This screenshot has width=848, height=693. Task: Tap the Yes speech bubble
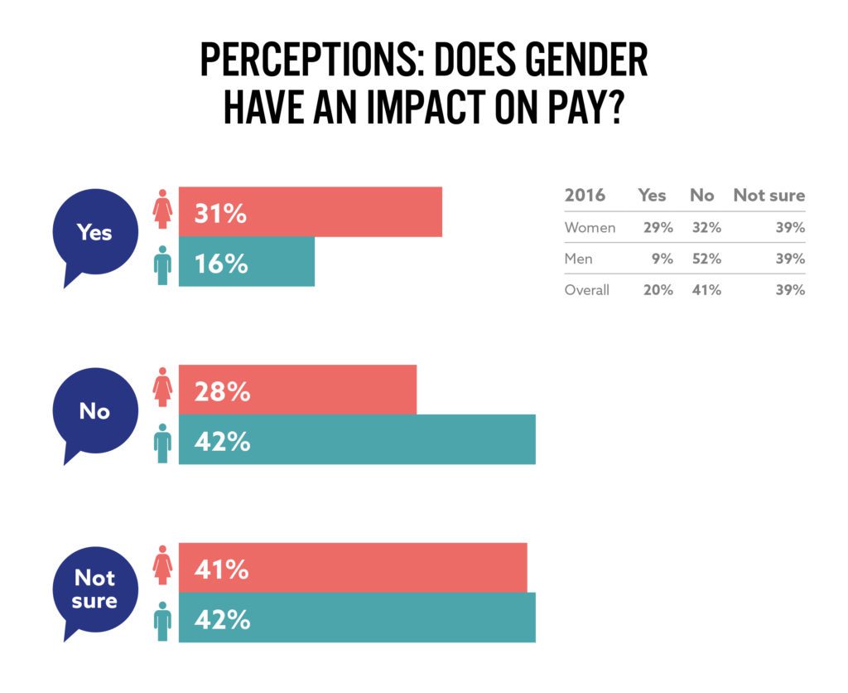94,233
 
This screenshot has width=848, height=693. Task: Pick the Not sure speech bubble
94,589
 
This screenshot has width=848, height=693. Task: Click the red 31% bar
311,211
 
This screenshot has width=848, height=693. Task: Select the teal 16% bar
247,261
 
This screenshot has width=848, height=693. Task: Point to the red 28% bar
297,390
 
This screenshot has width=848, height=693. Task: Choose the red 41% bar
353,568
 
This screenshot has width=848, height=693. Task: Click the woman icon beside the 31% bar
162,209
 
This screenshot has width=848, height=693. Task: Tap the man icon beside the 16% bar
162,265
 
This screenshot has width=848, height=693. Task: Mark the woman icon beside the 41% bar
162,565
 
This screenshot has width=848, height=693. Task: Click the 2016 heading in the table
585,196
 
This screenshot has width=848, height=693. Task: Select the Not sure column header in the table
769,196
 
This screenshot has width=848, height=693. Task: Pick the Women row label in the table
590,227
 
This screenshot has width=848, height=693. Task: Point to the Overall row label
587,290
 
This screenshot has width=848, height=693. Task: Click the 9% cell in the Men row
662,259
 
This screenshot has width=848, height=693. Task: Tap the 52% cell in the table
707,259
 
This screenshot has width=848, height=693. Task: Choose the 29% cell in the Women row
658,227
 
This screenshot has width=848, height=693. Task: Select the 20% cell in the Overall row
658,290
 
